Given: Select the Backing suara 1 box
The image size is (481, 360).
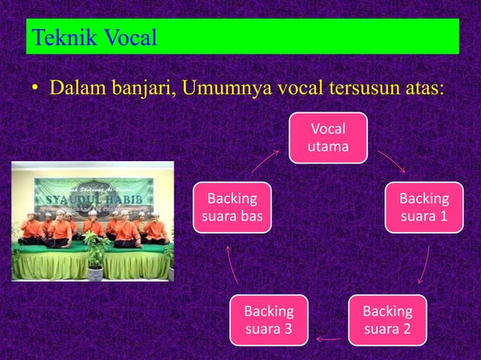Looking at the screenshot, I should coord(424,208).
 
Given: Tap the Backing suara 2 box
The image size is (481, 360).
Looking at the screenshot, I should coord(387,320).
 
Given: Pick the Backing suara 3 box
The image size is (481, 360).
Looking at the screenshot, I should coord(268,320).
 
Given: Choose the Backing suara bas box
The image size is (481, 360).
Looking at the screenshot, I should coord(232,208).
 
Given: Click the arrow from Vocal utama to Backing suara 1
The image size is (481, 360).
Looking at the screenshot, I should coord(391,160).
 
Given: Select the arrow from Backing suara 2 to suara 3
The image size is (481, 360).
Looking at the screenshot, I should coord(328,339).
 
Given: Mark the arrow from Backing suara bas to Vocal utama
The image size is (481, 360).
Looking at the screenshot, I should coord(265,160).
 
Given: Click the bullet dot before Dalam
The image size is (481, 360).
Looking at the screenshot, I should coord(35,90).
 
